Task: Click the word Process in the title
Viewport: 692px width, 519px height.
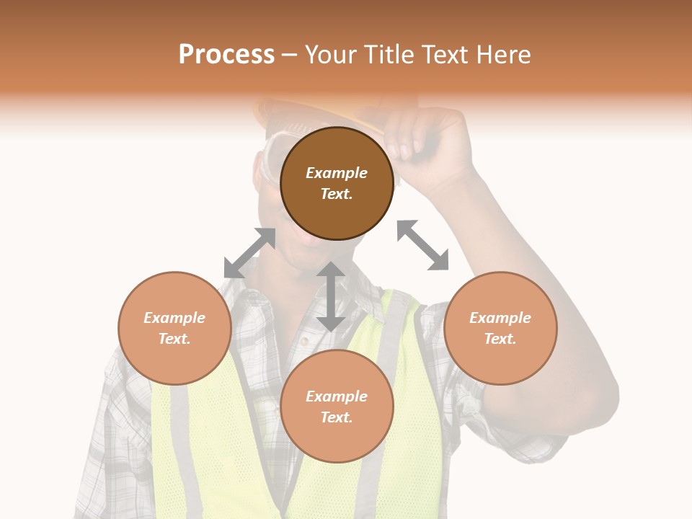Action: point(226,55)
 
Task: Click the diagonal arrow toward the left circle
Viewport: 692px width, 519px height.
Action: point(250,253)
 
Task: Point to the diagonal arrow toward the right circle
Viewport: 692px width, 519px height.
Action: point(422,245)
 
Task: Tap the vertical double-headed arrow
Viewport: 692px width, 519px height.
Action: point(330,296)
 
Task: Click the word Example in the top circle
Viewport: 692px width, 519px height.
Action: point(337,173)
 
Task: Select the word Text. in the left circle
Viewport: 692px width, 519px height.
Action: point(174,339)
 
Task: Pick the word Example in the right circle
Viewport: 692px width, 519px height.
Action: point(500,318)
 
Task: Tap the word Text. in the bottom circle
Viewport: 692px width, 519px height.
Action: point(337,417)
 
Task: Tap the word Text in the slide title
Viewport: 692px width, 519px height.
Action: point(446,55)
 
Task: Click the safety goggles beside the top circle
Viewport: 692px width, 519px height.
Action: point(268,162)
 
